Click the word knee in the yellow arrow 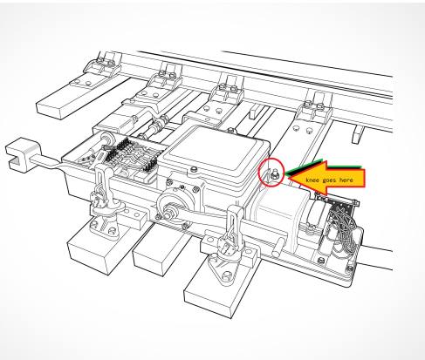(312, 180)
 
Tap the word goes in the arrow (329, 180)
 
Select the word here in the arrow (346, 180)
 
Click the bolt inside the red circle (274, 174)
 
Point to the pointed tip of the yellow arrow (288, 178)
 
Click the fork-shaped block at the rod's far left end (22, 155)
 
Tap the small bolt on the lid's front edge (194, 169)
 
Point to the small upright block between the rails (255, 112)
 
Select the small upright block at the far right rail (358, 135)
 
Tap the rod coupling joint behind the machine (159, 123)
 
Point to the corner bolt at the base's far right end (350, 268)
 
